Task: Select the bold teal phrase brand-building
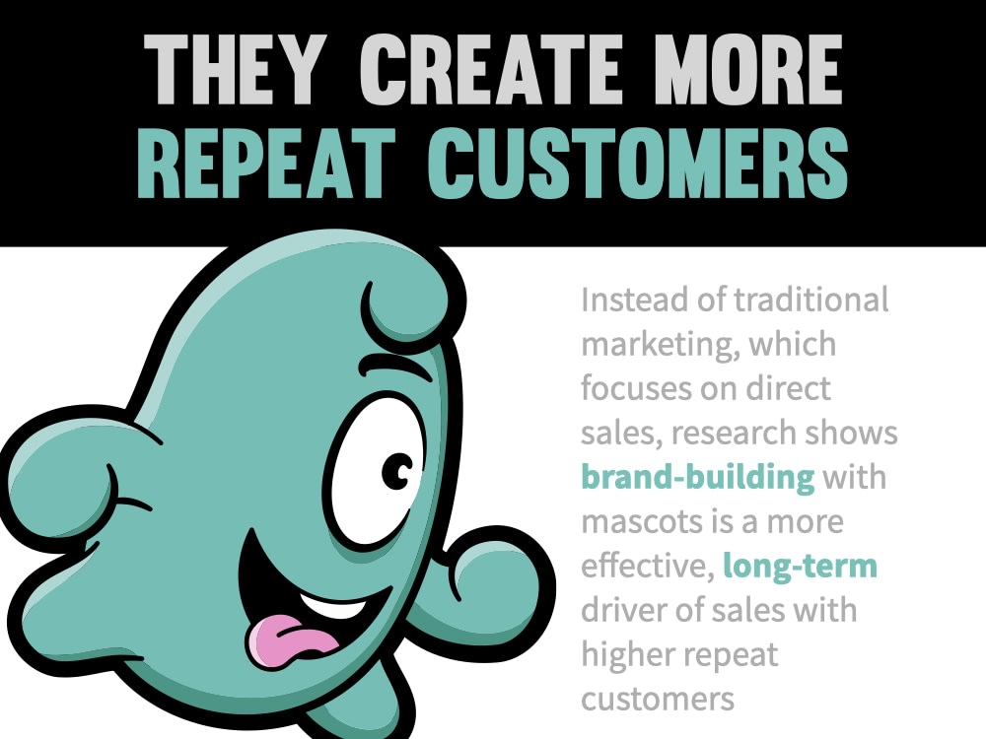point(698,478)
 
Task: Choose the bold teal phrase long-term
point(801,567)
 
